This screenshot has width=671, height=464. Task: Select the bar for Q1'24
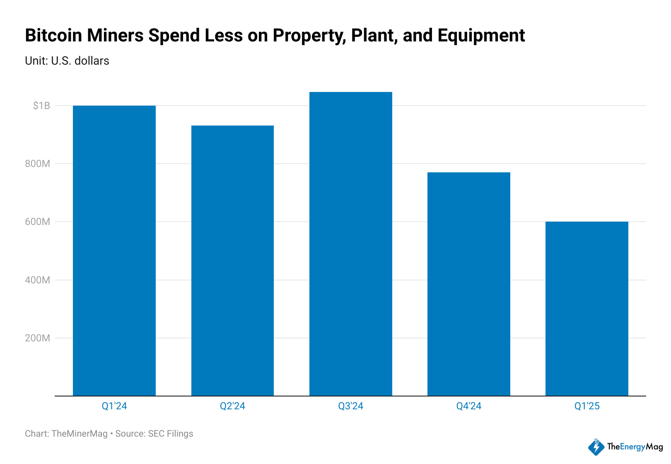click(x=114, y=251)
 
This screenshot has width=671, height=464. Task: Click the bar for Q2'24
click(x=232, y=261)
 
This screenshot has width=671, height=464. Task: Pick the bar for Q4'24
click(x=468, y=284)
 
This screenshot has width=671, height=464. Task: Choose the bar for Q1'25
click(x=587, y=309)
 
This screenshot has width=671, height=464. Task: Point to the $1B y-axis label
click(x=41, y=106)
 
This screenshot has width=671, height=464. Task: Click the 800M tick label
click(x=38, y=164)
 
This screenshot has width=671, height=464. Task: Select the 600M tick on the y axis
click(x=38, y=222)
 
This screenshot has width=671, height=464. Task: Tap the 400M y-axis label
click(x=38, y=280)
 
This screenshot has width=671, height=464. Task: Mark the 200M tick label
click(x=38, y=338)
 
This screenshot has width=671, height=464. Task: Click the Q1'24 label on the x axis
click(x=114, y=406)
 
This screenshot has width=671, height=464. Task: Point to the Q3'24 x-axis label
click(x=350, y=406)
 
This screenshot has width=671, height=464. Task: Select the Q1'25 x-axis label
click(x=587, y=406)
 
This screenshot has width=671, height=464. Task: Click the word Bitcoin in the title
click(x=53, y=36)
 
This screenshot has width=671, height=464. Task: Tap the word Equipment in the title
click(x=481, y=36)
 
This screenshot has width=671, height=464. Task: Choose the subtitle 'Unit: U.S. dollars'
click(x=67, y=61)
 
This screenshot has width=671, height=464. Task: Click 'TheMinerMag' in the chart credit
click(x=80, y=434)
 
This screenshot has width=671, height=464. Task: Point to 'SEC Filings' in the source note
click(x=171, y=434)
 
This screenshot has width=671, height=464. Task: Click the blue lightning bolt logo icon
click(x=596, y=447)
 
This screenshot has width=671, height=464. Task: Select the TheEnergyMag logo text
click(x=635, y=447)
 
